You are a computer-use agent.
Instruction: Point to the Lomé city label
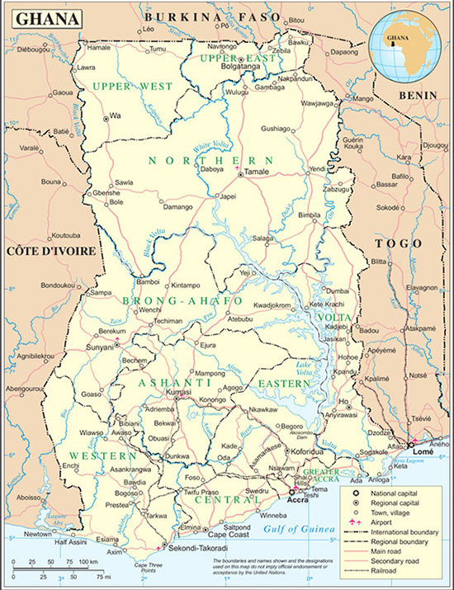421,453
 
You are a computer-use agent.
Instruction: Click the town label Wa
116,115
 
